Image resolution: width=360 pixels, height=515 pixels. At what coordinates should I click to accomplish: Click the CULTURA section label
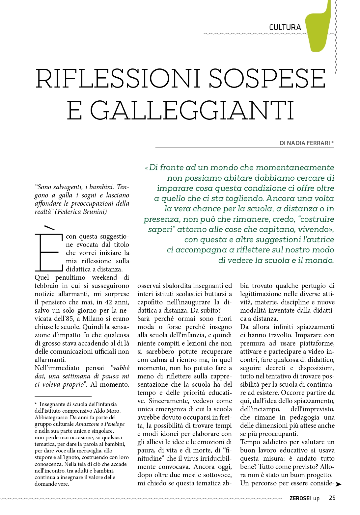285,27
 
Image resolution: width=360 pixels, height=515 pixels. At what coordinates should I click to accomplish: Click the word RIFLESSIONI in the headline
118,79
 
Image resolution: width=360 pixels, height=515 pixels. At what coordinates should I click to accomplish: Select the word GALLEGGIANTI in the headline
192,110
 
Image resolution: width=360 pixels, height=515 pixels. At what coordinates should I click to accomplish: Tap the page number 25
332,498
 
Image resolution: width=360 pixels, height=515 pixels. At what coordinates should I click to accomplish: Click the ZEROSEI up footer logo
304,498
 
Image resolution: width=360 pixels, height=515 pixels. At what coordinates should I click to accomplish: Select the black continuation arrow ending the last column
338,484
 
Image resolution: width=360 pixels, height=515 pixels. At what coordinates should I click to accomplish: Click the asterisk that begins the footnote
36,404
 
